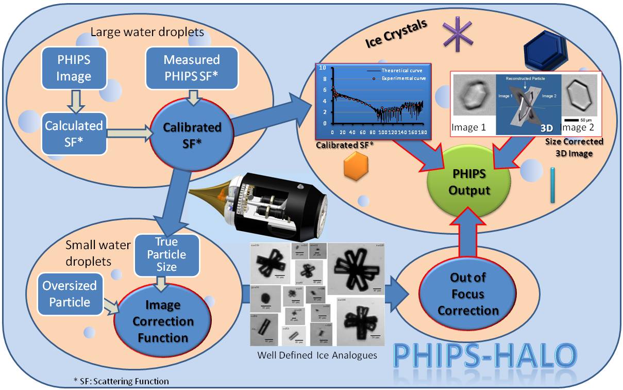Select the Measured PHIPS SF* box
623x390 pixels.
pyautogui.click(x=191, y=68)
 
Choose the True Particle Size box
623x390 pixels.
pyautogui.click(x=166, y=254)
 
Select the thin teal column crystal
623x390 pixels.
pyautogui.click(x=553, y=185)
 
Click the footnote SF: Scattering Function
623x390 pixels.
pyautogui.click(x=121, y=381)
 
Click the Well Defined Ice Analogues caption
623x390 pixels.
pyautogui.click(x=316, y=354)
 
